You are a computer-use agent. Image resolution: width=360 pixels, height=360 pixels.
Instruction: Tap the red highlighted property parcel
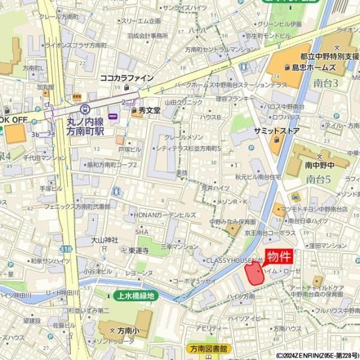[254, 274]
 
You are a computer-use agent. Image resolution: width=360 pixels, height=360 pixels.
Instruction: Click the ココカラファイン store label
[127, 78]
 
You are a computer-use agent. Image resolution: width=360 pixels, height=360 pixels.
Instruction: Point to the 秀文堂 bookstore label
[149, 111]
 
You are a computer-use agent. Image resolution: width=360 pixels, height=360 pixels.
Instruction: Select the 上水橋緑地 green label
[134, 296]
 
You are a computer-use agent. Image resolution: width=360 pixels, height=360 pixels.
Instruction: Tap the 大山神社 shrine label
[104, 240]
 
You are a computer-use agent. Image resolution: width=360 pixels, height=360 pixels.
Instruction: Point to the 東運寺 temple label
[139, 251]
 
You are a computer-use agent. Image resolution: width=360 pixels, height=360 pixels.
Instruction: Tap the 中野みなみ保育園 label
[232, 221]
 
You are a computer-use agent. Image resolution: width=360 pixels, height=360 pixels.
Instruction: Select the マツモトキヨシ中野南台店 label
[318, 209]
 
